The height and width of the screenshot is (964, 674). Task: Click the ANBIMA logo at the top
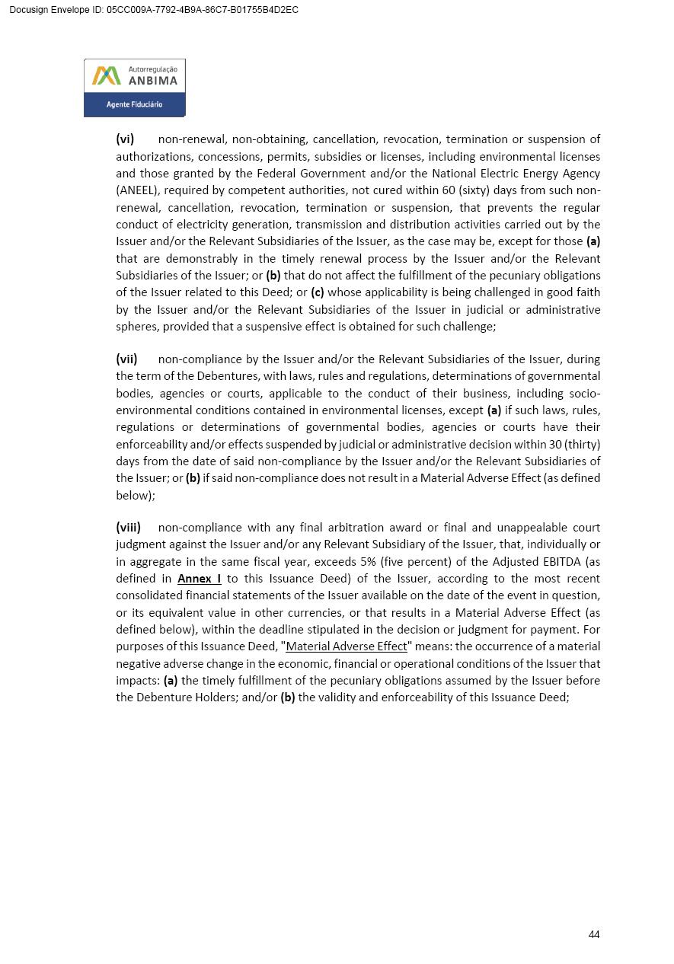(x=134, y=88)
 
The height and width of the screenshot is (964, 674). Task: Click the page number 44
(x=594, y=934)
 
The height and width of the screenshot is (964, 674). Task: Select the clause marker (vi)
(x=125, y=139)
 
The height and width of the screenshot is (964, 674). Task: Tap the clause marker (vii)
(x=126, y=359)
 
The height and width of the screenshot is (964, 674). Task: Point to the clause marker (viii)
(x=128, y=528)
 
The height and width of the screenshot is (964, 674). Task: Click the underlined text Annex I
(x=199, y=579)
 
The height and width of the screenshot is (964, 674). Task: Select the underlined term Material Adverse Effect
(x=347, y=646)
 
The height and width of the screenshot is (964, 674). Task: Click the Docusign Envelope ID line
(x=154, y=10)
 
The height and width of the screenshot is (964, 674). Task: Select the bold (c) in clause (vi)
(x=318, y=292)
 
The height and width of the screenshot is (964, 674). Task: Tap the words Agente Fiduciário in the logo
(x=134, y=104)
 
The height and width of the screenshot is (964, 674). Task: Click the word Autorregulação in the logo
(x=152, y=69)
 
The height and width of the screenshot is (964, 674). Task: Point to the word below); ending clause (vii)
(x=136, y=495)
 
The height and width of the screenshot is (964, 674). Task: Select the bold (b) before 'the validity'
(x=288, y=697)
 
